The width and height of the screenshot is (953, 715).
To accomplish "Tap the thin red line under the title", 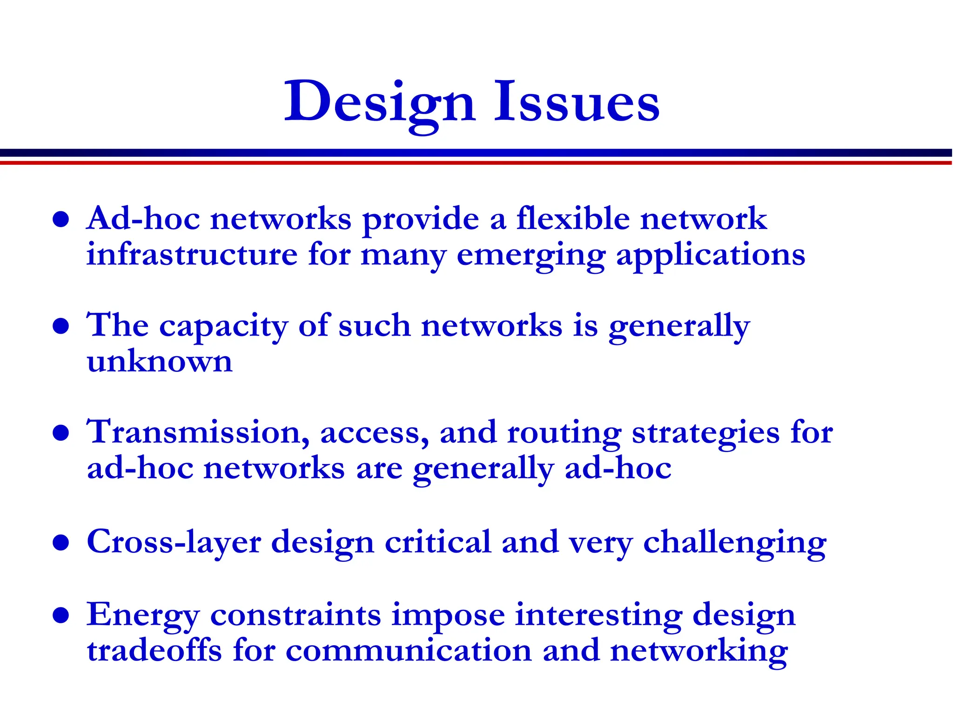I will point(476,163).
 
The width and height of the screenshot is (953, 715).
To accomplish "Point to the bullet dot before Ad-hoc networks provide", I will point(61,219).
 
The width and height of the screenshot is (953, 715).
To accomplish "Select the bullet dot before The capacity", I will point(61,326).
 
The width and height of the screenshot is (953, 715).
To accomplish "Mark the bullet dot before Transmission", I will point(61,432).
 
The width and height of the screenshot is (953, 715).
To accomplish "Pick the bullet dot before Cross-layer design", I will point(61,542).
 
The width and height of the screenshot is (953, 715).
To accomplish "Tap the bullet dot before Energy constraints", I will point(61,615).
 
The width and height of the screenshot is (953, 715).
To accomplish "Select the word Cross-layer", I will point(174,543).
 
